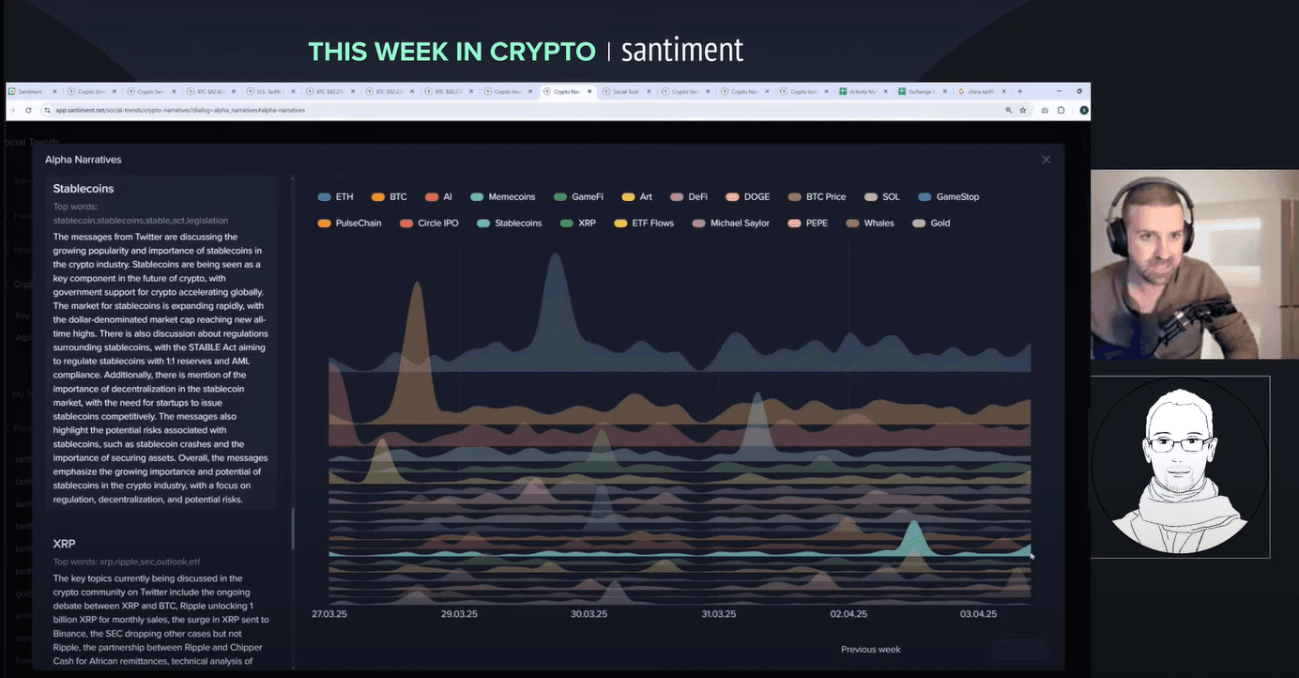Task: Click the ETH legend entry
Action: pyautogui.click(x=336, y=197)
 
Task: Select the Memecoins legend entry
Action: pyautogui.click(x=503, y=197)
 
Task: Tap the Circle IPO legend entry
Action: pyautogui.click(x=429, y=223)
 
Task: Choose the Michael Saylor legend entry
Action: pyautogui.click(x=731, y=223)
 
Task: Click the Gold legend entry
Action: pyautogui.click(x=931, y=223)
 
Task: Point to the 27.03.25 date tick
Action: pyautogui.click(x=329, y=614)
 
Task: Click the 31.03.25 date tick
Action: pyautogui.click(x=719, y=614)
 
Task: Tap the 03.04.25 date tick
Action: pyautogui.click(x=978, y=614)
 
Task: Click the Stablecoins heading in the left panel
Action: pyautogui.click(x=84, y=189)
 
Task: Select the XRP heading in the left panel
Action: pyautogui.click(x=65, y=544)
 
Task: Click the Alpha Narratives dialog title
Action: pyautogui.click(x=84, y=160)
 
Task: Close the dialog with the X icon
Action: pyautogui.click(x=1047, y=160)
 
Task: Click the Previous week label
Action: pyautogui.click(x=870, y=650)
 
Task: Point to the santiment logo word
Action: pyautogui.click(x=682, y=50)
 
